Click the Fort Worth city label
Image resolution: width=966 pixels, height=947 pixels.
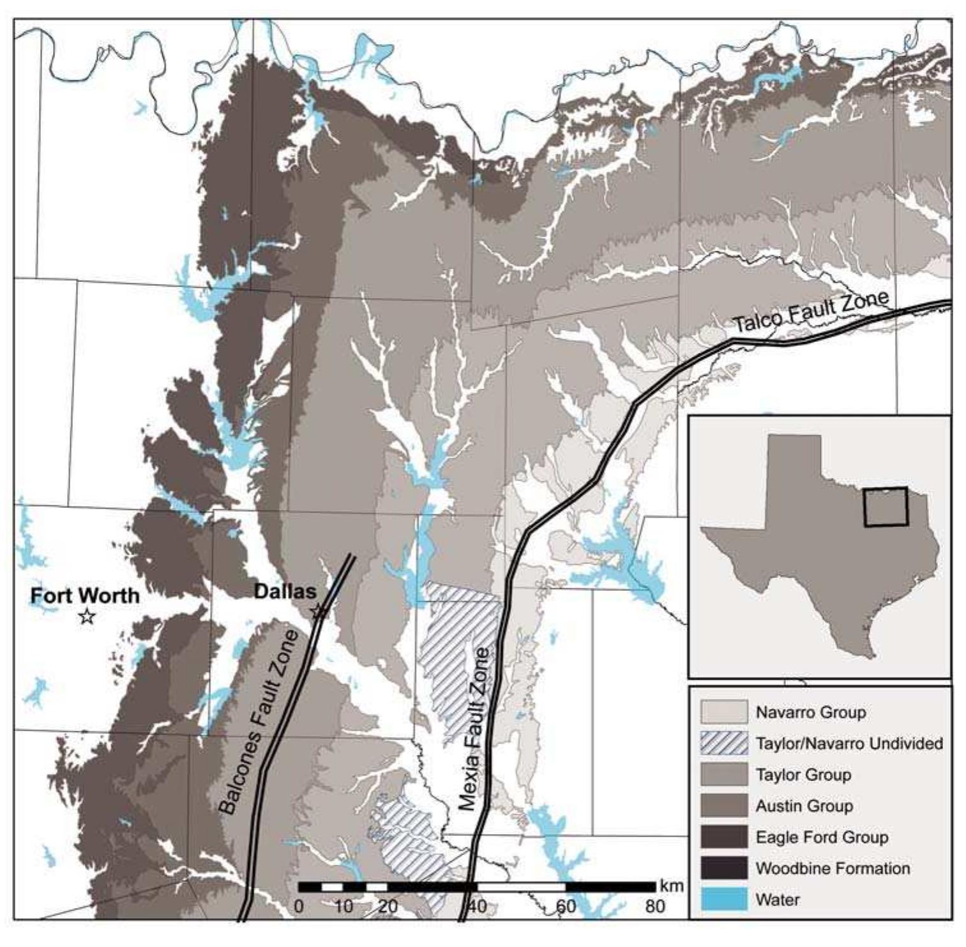[85, 595]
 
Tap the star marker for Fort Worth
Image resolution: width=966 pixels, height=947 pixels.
[87, 616]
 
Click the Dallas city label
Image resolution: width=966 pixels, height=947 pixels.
[285, 591]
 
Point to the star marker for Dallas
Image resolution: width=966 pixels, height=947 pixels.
[318, 611]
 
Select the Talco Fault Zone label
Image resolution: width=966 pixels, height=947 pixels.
[810, 311]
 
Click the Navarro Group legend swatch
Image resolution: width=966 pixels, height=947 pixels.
[723, 712]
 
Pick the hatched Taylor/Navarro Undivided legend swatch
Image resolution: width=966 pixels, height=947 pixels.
[723, 743]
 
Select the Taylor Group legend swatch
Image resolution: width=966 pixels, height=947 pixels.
[723, 775]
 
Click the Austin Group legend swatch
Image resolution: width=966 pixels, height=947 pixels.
[723, 806]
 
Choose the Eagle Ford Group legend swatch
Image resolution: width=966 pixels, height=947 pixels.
[723, 837]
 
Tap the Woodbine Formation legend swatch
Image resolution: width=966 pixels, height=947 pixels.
[723, 869]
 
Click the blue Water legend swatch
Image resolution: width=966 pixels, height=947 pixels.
[723, 900]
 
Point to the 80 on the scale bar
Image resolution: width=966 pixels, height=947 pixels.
[655, 906]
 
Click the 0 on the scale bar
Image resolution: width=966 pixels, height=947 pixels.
[299, 906]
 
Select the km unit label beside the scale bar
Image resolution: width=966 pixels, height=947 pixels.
[671, 886]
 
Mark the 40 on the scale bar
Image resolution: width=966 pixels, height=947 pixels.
[477, 906]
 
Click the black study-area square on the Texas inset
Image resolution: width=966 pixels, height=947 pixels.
[886, 507]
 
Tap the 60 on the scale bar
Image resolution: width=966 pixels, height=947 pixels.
[566, 906]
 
